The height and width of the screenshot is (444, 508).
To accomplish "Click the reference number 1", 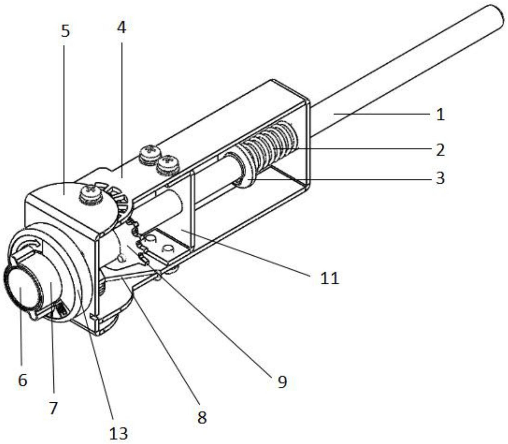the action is tap(440, 115).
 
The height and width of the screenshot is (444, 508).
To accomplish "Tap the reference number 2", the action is tap(440, 150).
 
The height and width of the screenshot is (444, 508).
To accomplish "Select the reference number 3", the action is tap(440, 178).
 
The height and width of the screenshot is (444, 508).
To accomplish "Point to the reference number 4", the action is tap(121, 28).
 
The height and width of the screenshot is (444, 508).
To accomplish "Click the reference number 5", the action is tap(65, 31).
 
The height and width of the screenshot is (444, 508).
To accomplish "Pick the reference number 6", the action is tap(23, 380).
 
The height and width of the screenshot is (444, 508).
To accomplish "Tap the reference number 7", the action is tap(53, 408).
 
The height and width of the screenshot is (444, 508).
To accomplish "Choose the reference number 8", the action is tap(202, 417).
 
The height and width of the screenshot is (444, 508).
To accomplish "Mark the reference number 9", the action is tap(282, 382).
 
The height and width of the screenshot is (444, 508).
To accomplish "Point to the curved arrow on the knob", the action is tap(29, 243).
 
